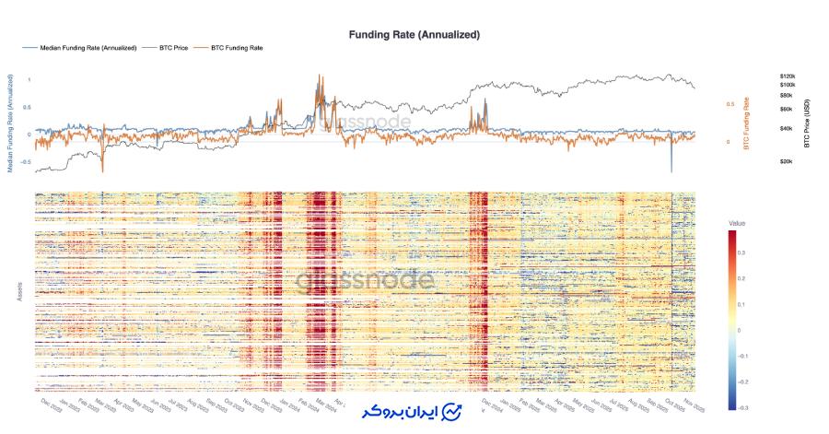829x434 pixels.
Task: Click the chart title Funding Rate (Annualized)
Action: pos(414,34)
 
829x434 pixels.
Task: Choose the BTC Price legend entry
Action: pos(173,47)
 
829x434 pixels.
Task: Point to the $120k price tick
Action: pos(787,76)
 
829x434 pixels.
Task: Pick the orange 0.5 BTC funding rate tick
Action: pos(730,104)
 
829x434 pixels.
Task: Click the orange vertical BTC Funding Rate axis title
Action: pos(746,123)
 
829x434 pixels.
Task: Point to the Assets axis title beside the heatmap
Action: pos(20,292)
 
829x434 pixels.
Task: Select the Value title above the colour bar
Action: pos(736,223)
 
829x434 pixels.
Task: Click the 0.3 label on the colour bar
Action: pos(741,252)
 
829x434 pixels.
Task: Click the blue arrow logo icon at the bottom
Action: pos(451,411)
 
